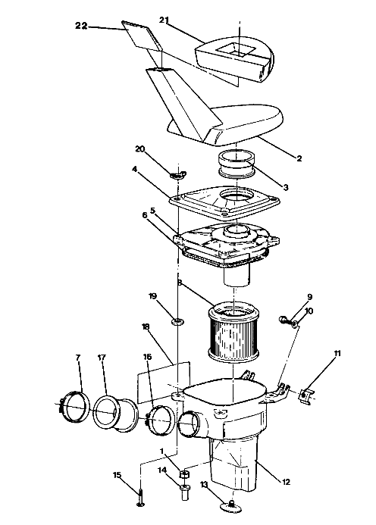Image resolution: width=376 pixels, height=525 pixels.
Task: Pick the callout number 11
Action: tap(337, 353)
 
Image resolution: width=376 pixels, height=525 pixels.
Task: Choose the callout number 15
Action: tap(117, 475)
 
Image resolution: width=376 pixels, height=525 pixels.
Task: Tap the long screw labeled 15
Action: tap(142, 497)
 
